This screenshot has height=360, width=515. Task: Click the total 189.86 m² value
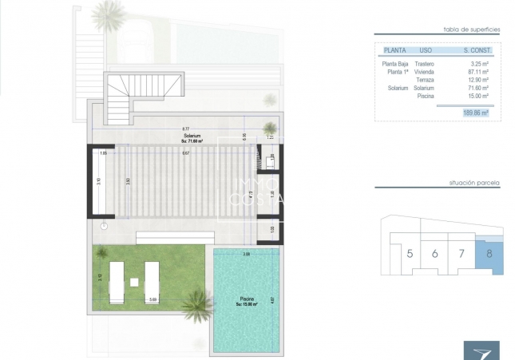476,113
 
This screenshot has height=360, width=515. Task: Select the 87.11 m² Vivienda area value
478,72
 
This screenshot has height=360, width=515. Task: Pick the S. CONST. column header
477,50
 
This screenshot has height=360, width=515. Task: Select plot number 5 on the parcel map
410,255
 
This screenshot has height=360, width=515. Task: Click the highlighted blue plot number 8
488,255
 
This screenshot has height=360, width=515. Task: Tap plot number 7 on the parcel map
462,255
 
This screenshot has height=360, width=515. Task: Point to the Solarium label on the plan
191,136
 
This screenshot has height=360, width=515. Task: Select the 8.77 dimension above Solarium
185,129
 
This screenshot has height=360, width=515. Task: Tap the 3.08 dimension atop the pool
246,254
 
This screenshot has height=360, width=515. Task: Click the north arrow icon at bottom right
481,350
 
